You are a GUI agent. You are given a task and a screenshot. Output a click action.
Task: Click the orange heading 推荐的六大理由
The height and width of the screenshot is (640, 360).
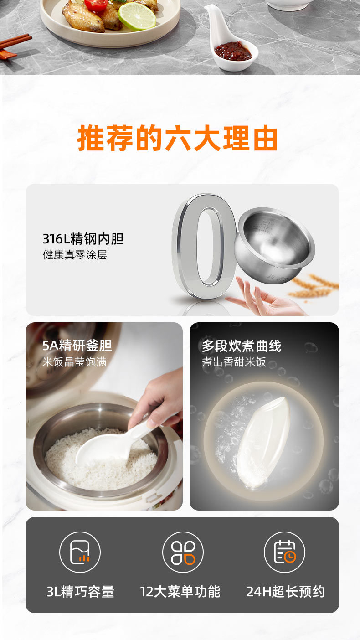(x=177, y=138)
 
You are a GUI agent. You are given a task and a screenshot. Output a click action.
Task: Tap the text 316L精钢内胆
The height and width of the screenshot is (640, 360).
(x=83, y=239)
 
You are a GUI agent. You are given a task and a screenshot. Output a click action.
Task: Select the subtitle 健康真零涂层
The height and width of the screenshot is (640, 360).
(x=75, y=254)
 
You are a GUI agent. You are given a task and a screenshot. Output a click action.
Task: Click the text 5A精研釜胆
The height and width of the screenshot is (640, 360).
(x=77, y=346)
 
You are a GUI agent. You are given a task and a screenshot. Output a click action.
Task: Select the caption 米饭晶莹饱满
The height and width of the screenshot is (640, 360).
(x=75, y=362)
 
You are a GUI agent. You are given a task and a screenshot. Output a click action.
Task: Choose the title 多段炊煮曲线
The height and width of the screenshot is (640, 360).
(x=242, y=346)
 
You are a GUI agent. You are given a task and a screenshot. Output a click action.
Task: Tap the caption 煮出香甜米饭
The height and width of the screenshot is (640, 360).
(x=234, y=362)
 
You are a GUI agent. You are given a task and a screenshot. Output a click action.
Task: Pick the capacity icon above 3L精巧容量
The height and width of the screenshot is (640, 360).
(x=80, y=552)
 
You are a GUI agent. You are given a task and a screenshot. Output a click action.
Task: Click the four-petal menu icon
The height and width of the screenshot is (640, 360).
(x=183, y=552)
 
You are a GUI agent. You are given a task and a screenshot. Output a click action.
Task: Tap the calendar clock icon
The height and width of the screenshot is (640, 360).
(x=284, y=552)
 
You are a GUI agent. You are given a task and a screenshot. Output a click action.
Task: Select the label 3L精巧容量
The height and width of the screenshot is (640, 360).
(x=80, y=591)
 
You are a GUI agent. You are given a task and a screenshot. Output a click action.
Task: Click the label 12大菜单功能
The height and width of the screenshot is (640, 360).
(x=180, y=591)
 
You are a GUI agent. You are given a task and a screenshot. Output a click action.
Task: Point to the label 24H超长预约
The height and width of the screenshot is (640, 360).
(x=285, y=591)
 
